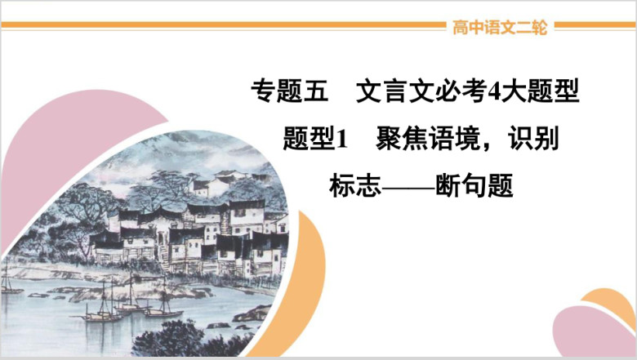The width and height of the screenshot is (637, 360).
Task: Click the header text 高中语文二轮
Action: pos(500,28)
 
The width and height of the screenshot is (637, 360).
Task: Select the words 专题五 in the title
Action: pos(290,90)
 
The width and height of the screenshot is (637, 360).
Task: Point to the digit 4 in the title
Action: pos(492,91)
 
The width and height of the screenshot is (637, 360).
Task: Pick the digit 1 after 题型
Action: pos(342,139)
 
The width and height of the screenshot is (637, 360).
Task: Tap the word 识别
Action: pos(533,138)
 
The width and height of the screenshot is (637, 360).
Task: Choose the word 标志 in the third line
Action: pos(355,185)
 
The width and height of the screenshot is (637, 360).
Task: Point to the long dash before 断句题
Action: pos(408,188)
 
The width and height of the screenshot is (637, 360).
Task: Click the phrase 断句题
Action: pos(474,185)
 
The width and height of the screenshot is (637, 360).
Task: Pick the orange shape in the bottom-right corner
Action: pos(609,300)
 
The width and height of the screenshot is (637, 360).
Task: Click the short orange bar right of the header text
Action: pos(595,25)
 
